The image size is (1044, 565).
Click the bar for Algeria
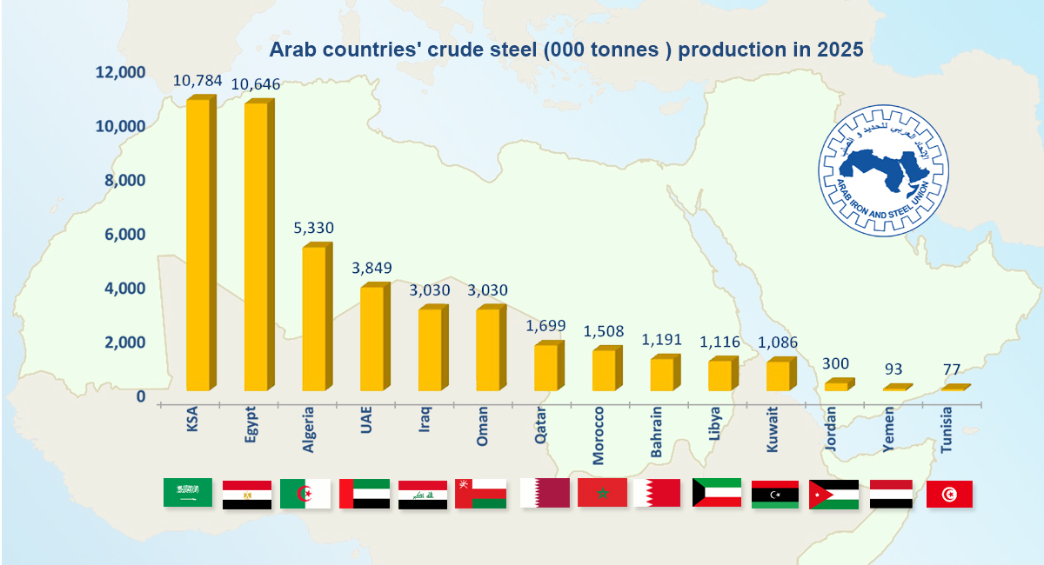click(318, 316)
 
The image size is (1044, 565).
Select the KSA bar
click(201, 243)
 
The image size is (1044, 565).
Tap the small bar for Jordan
click(840, 384)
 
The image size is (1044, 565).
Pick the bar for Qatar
click(549, 366)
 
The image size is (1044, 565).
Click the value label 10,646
click(256, 84)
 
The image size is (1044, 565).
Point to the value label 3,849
click(371, 268)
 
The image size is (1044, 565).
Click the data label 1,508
click(604, 331)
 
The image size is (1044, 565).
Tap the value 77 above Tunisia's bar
click(951, 369)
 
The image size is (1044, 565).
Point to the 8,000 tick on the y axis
click(125, 180)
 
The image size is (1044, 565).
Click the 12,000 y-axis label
click(120, 72)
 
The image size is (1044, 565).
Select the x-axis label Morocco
click(598, 435)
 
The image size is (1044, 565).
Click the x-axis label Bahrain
click(656, 432)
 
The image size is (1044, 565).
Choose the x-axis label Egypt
click(251, 424)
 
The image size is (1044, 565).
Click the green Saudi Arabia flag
click(188, 492)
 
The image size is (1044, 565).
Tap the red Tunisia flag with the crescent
click(949, 495)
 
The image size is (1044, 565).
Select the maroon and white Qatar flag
click(545, 493)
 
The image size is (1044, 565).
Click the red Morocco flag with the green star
click(602, 492)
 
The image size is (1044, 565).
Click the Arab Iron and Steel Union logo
click(883, 170)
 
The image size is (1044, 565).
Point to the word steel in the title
click(513, 50)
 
